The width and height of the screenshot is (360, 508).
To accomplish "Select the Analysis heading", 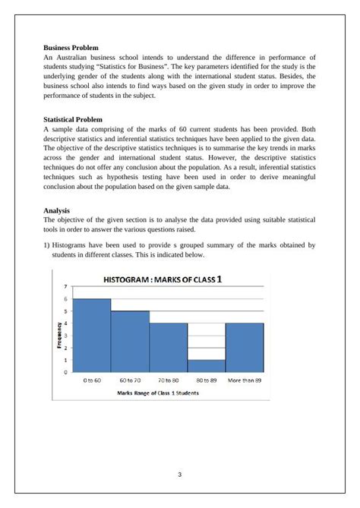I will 57,210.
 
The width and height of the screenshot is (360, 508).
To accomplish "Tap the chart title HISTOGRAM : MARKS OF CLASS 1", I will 163,278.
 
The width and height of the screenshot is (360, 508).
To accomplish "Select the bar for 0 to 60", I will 92,335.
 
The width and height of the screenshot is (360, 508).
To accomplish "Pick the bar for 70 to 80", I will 168,347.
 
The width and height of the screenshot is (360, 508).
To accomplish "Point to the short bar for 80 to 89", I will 206,365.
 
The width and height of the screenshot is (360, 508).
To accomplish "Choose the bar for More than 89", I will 245,347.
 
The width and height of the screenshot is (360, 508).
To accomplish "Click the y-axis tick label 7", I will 65,286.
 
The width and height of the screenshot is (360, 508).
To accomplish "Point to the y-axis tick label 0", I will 65,372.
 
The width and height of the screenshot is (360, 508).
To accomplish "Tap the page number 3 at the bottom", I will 180,475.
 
